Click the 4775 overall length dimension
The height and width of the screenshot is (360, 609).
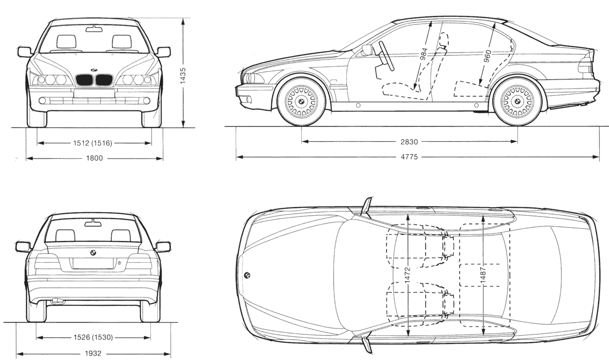click(x=409, y=157)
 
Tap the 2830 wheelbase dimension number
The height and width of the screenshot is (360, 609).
click(x=409, y=142)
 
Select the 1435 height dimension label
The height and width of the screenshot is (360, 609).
click(x=184, y=75)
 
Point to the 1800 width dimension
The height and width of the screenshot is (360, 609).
click(x=94, y=158)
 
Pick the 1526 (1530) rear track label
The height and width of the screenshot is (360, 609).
click(x=93, y=337)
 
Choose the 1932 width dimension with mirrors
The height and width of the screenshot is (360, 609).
click(x=93, y=353)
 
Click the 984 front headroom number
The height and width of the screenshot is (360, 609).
click(x=424, y=53)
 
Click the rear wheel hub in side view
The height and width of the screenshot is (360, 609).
click(x=517, y=101)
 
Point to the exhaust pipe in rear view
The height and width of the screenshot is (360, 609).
click(x=56, y=300)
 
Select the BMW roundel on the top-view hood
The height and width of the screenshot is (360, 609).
click(x=247, y=275)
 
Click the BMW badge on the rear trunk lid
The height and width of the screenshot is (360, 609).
click(x=93, y=252)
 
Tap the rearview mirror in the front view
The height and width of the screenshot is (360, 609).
click(x=94, y=29)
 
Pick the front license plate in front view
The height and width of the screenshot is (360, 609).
click(x=94, y=93)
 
